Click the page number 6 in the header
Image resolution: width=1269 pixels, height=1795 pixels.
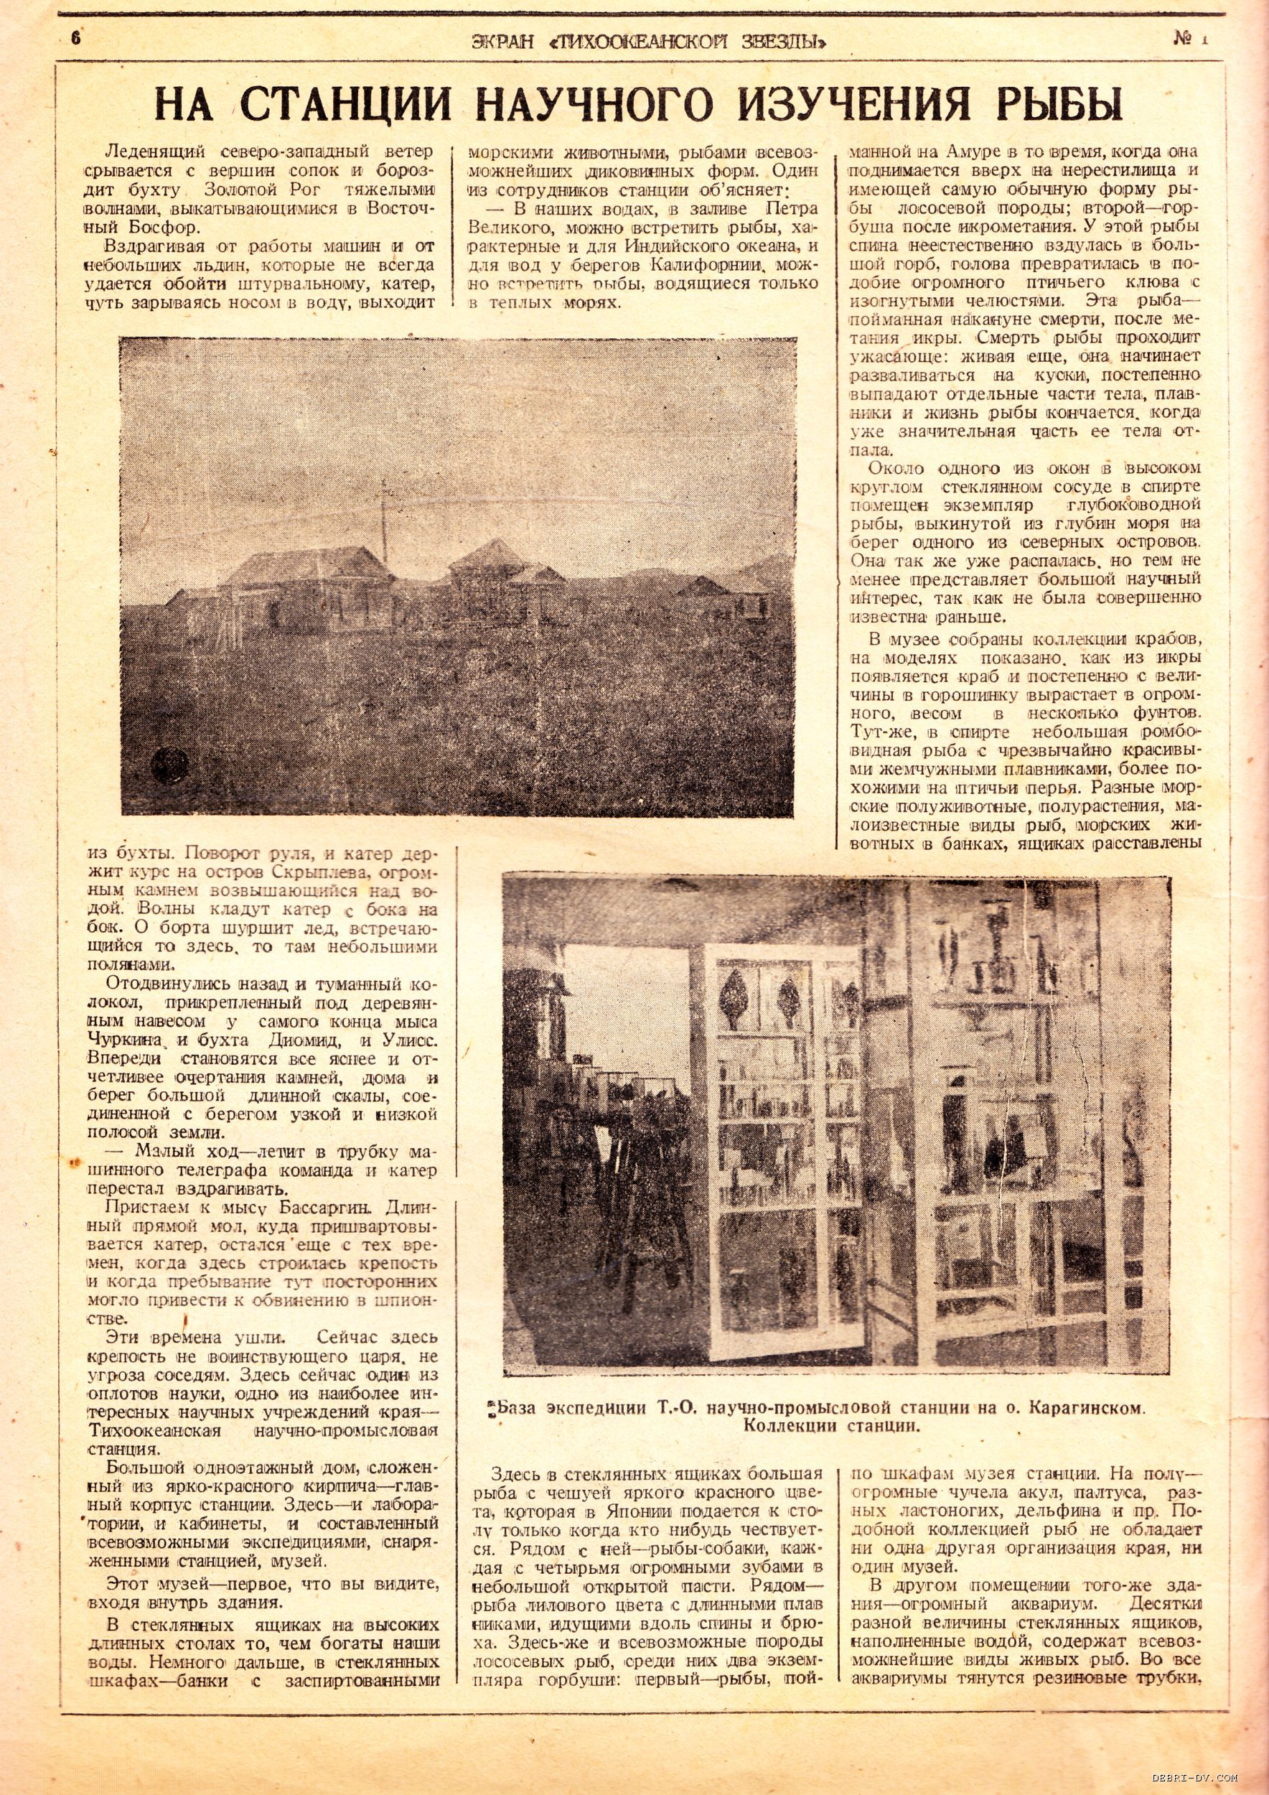coord(76,37)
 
